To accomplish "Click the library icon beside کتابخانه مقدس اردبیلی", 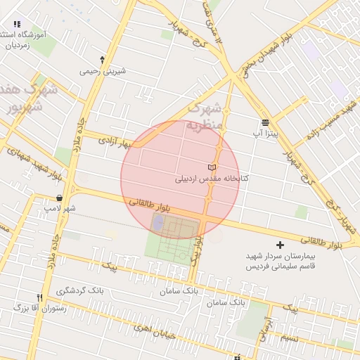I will (x=212, y=167).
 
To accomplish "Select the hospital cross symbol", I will (x=281, y=245).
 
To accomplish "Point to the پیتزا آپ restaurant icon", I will (x=265, y=122).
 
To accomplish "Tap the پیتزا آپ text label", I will (x=266, y=132).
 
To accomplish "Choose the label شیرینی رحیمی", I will (x=103, y=70).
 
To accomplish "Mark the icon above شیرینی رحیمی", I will (x=103, y=60).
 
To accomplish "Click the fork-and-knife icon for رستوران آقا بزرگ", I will (x=40, y=297).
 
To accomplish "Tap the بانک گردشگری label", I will (x=79, y=290).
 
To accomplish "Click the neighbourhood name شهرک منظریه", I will (x=204, y=117).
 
